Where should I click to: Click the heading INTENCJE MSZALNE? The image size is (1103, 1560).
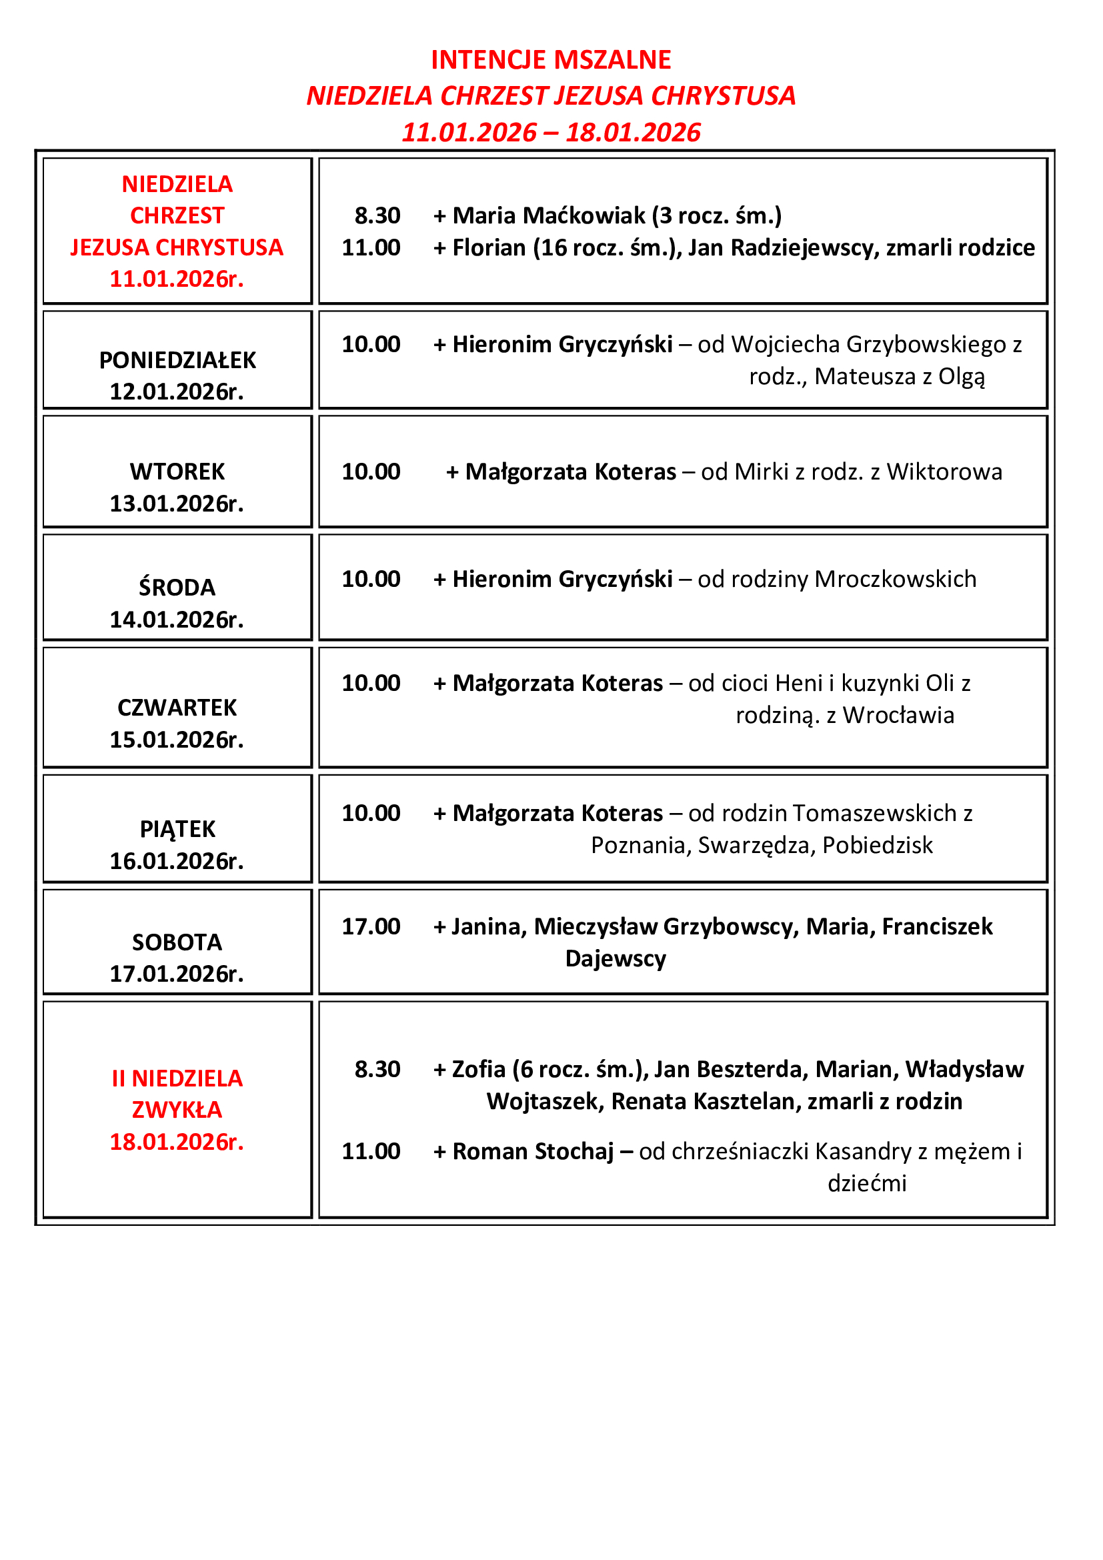click(551, 60)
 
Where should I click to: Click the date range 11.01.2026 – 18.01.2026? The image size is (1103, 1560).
click(551, 133)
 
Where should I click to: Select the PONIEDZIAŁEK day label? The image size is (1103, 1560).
click(177, 360)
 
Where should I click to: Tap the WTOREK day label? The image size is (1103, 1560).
click(177, 472)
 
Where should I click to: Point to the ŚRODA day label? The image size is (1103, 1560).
click(177, 588)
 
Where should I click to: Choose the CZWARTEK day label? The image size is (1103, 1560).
click(177, 708)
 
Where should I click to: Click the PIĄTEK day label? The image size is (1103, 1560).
click(177, 830)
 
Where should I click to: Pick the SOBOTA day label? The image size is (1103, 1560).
click(177, 942)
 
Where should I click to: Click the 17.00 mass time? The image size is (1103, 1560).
click(371, 927)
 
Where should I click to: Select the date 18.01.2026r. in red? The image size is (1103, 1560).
click(177, 1142)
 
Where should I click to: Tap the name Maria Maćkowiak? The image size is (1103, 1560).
click(549, 216)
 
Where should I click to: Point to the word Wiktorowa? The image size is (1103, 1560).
click(944, 472)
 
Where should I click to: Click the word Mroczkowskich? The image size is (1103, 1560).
click(895, 580)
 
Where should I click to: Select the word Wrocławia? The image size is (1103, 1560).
click(898, 716)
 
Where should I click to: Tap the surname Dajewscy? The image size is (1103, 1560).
click(616, 958)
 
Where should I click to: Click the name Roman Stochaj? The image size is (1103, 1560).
click(533, 1152)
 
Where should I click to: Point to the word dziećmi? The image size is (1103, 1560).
click(868, 1184)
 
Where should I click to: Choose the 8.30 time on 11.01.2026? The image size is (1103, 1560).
click(377, 216)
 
